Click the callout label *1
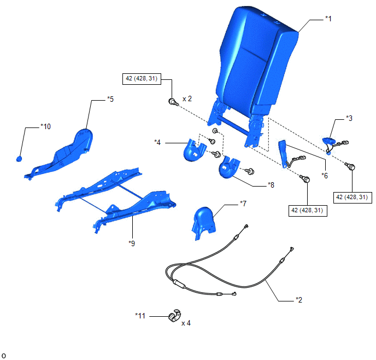(x=328, y=19)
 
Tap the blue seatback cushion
(x=256, y=60)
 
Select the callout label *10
(x=45, y=126)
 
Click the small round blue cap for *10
(x=19, y=159)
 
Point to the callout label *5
(x=110, y=99)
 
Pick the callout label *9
(x=132, y=243)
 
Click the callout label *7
(x=243, y=204)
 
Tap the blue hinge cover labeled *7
(x=204, y=223)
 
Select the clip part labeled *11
(x=175, y=315)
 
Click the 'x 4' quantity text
(x=186, y=323)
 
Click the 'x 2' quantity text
(x=187, y=99)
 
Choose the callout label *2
(x=299, y=300)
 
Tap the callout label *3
(x=349, y=118)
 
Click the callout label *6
(x=325, y=176)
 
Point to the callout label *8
(x=271, y=185)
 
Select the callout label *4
(x=157, y=142)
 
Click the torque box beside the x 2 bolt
(x=142, y=79)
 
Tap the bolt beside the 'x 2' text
(x=173, y=102)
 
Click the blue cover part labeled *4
(x=194, y=150)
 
